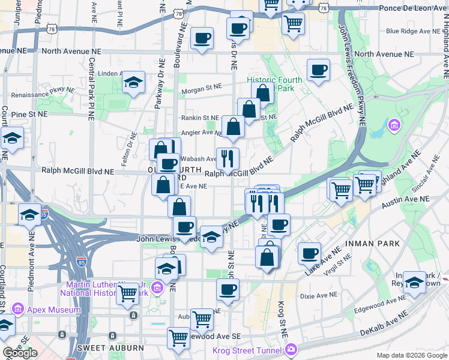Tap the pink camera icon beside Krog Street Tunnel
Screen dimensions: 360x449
coord(291,349)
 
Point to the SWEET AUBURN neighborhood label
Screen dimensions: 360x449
coord(110,348)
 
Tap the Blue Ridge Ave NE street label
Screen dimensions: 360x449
coord(413,31)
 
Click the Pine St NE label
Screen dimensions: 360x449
coord(25,113)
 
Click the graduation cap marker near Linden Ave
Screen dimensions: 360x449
coord(133,83)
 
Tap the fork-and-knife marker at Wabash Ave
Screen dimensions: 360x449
coord(227,158)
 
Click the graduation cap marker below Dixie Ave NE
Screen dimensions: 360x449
coord(414,281)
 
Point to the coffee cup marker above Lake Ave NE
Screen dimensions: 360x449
coord(310,253)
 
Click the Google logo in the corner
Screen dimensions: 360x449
coord(19,353)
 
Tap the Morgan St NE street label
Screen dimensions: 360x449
coord(203,92)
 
